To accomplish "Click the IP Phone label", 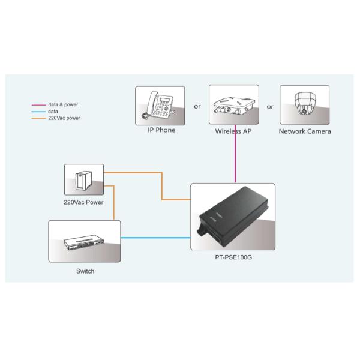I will [x=161, y=130].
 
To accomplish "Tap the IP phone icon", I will [x=160, y=105].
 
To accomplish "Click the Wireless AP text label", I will [x=233, y=131].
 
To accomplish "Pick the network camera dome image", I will [x=304, y=104].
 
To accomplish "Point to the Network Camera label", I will [x=305, y=131].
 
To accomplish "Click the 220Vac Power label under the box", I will [x=83, y=202].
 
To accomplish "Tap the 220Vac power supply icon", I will [x=84, y=179].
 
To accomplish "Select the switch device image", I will [x=85, y=241].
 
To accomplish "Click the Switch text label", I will [x=85, y=271].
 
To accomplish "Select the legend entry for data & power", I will [x=63, y=104].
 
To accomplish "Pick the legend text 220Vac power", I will [x=64, y=118].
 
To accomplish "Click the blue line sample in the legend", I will [x=39, y=112].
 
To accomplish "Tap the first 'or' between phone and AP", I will [x=197, y=106].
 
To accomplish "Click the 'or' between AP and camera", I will [x=270, y=106].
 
